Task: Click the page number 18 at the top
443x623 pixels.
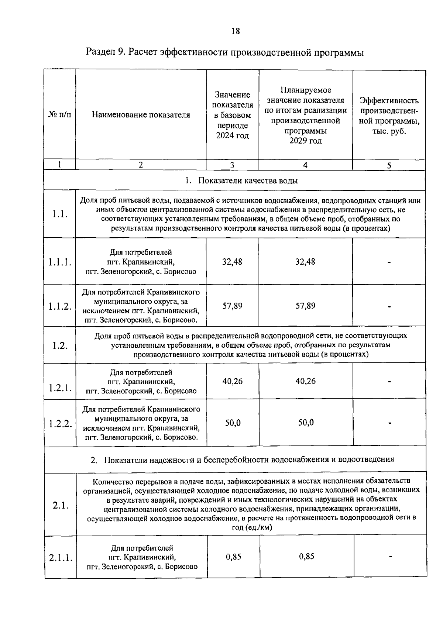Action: pyautogui.click(x=236, y=31)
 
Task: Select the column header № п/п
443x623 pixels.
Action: pyautogui.click(x=59, y=115)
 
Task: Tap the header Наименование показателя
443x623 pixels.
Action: pyautogui.click(x=141, y=115)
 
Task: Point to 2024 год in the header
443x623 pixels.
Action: pyautogui.click(x=233, y=135)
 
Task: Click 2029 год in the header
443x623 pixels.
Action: pyautogui.click(x=305, y=141)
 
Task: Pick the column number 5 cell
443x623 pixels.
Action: pyautogui.click(x=389, y=165)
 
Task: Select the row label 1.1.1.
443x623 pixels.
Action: pyautogui.click(x=59, y=262)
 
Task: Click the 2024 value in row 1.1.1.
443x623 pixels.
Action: pyautogui.click(x=232, y=262)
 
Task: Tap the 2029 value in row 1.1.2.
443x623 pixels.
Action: pyautogui.click(x=305, y=306)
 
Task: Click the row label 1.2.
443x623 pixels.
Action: pyautogui.click(x=59, y=345)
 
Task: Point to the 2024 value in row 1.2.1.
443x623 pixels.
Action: pyautogui.click(x=233, y=381)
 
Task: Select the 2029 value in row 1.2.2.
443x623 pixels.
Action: pyautogui.click(x=306, y=423)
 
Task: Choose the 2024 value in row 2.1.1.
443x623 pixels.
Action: pyautogui.click(x=233, y=557)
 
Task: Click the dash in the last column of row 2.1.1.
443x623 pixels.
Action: pyautogui.click(x=390, y=557)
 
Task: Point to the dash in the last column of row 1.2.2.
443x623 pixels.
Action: pyautogui.click(x=389, y=423)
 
